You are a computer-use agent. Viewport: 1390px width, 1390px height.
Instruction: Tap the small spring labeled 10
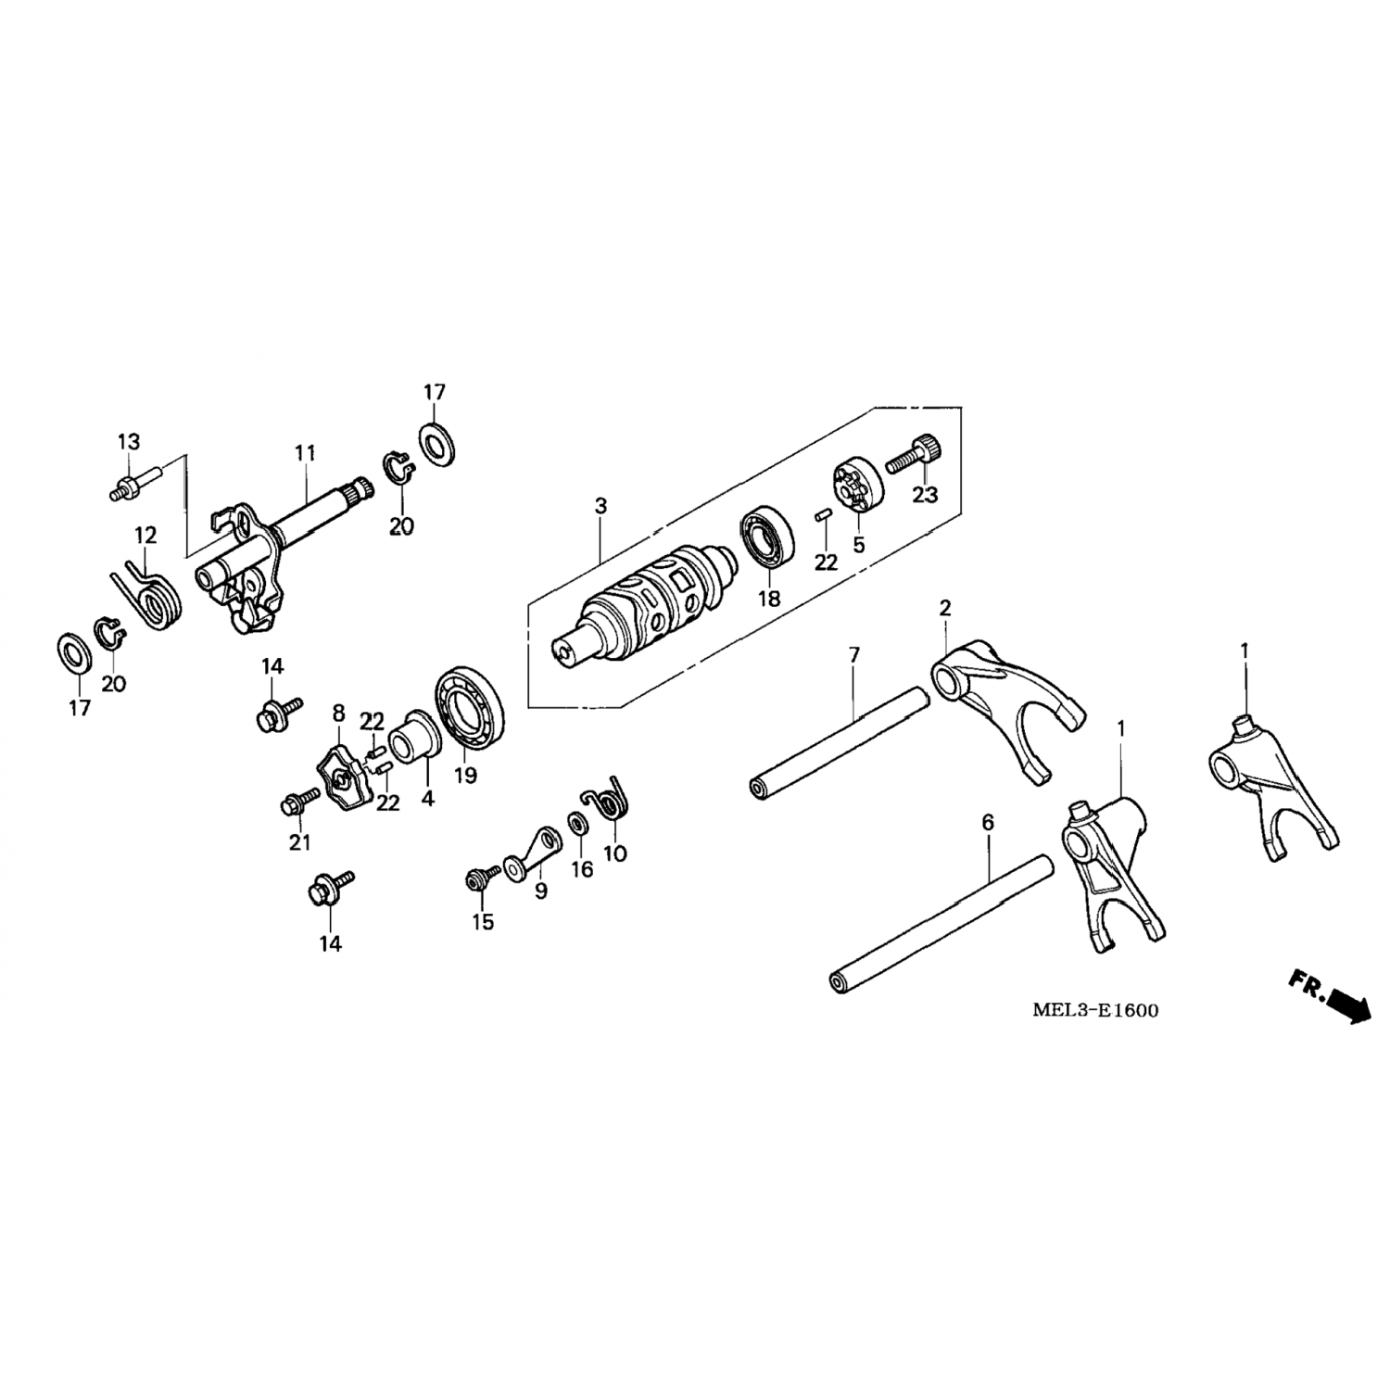(607, 798)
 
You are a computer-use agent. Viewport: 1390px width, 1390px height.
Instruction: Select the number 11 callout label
(305, 453)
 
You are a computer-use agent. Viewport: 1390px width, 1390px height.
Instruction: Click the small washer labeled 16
(577, 823)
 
